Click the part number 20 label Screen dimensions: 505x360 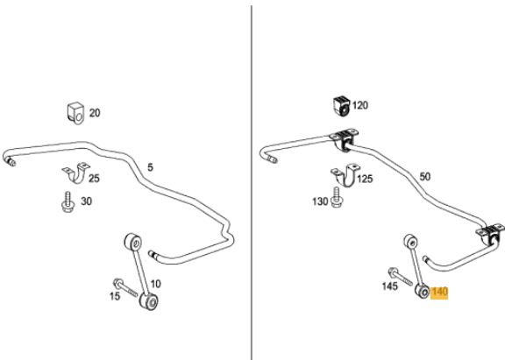pos(95,113)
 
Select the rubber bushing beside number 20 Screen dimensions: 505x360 pos(75,113)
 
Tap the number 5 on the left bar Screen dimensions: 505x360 pos(150,167)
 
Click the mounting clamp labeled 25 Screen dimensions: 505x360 pos(76,173)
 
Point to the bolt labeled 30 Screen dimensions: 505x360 pos(68,202)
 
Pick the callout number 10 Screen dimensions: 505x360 pos(155,284)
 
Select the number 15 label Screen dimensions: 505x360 pos(115,296)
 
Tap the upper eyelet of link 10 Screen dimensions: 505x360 pos(133,243)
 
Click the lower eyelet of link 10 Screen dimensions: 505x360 pos(149,301)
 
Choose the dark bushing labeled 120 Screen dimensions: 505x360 pos(341,106)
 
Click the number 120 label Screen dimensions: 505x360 pos(360,105)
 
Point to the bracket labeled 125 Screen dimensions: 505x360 pos(345,175)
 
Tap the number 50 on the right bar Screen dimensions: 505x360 pos(425,176)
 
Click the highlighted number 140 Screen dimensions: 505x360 pos(439,292)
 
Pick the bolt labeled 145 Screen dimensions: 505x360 pos(400,277)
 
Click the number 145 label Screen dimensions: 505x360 pos(389,286)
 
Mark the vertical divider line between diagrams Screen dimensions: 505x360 pos(252,183)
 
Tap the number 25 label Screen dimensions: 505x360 pos(94,178)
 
